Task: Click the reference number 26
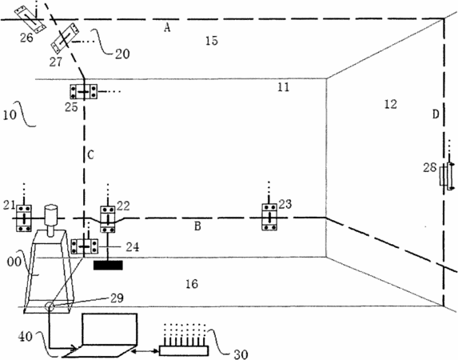click(26, 38)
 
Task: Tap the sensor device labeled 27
click(65, 39)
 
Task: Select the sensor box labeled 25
click(84, 92)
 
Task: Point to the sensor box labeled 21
click(24, 218)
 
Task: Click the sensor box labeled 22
click(108, 219)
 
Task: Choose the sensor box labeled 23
click(269, 217)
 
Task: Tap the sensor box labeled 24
click(85, 246)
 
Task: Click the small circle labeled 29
click(49, 306)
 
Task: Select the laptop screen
click(110, 329)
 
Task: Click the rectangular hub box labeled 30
click(184, 350)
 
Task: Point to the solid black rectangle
click(108, 266)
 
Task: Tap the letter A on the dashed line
click(167, 28)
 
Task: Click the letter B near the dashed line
click(197, 226)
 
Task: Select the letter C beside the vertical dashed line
click(90, 154)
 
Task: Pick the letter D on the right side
click(436, 114)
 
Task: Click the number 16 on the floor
click(192, 284)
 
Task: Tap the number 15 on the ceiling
click(212, 40)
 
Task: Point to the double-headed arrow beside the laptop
click(145, 350)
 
